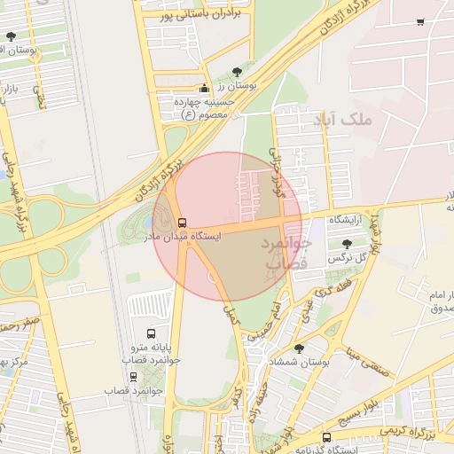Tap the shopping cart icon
(x=419, y=22)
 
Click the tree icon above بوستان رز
(x=237, y=73)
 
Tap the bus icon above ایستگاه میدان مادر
(x=183, y=223)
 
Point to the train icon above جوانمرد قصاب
(x=133, y=377)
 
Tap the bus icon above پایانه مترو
(x=151, y=334)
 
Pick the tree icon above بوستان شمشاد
(x=298, y=348)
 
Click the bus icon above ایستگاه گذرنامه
(x=326, y=437)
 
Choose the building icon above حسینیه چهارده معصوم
(x=206, y=89)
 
